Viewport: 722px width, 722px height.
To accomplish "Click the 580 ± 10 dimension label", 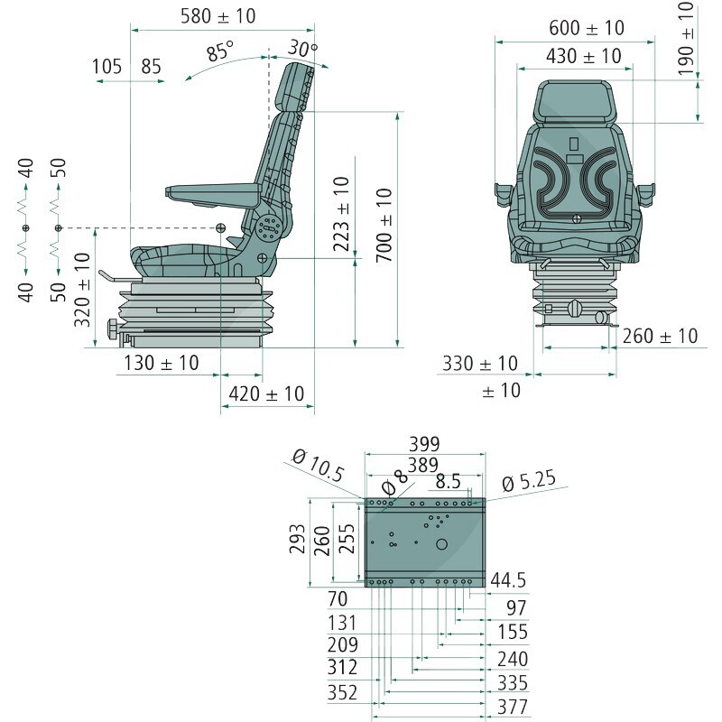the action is point(218,16).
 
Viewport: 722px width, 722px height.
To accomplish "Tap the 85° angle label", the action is point(220,51).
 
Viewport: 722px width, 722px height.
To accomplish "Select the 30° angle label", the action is point(303,49).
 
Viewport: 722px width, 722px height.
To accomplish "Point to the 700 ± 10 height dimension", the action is point(384,225).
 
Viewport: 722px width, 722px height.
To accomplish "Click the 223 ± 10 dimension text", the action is point(342,214).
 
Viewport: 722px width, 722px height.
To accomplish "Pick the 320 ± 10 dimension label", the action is point(82,290).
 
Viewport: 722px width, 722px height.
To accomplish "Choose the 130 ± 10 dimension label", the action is point(162,363).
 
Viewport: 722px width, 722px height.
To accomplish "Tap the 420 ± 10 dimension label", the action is point(266,393).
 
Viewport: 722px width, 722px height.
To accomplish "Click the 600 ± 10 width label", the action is point(587,28).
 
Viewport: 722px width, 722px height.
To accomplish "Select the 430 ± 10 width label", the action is point(584,56).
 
